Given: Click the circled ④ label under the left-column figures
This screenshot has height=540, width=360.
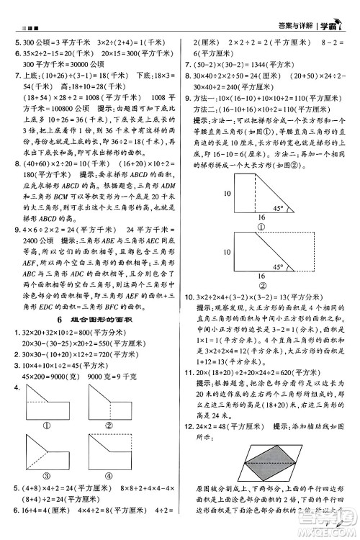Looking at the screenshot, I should pyautogui.click(x=112, y=474).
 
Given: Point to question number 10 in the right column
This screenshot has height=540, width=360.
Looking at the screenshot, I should pyautogui.click(x=190, y=297).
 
